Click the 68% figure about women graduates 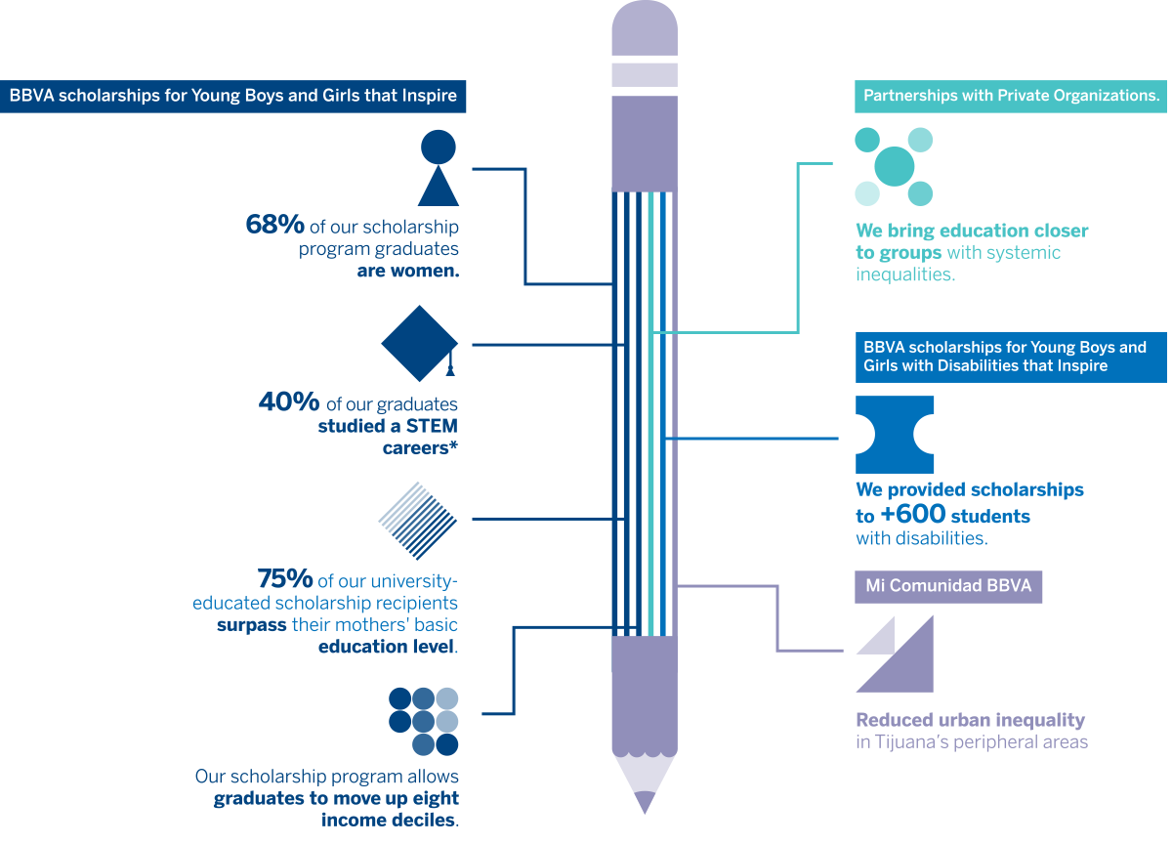[274, 225]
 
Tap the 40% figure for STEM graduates [289, 401]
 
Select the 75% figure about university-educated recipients [285, 578]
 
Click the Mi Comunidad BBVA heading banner [948, 587]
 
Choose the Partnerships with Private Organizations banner [1011, 96]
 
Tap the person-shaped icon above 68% [439, 167]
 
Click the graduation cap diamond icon [419, 344]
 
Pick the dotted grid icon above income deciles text [423, 721]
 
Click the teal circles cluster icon [894, 167]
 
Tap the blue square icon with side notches [895, 435]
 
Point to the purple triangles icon [895, 654]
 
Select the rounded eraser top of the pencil [644, 29]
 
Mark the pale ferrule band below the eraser [644, 74]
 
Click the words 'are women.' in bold [408, 272]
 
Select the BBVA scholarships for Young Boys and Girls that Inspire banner [233, 97]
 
